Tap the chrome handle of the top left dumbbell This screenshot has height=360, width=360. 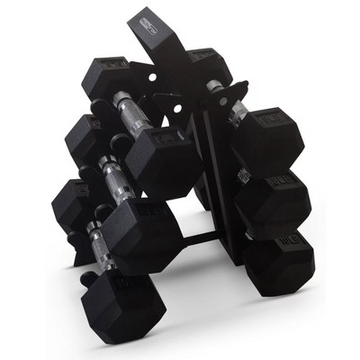(131, 115)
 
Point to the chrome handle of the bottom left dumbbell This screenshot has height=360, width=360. (97, 243)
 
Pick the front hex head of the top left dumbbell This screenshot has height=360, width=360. (162, 162)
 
